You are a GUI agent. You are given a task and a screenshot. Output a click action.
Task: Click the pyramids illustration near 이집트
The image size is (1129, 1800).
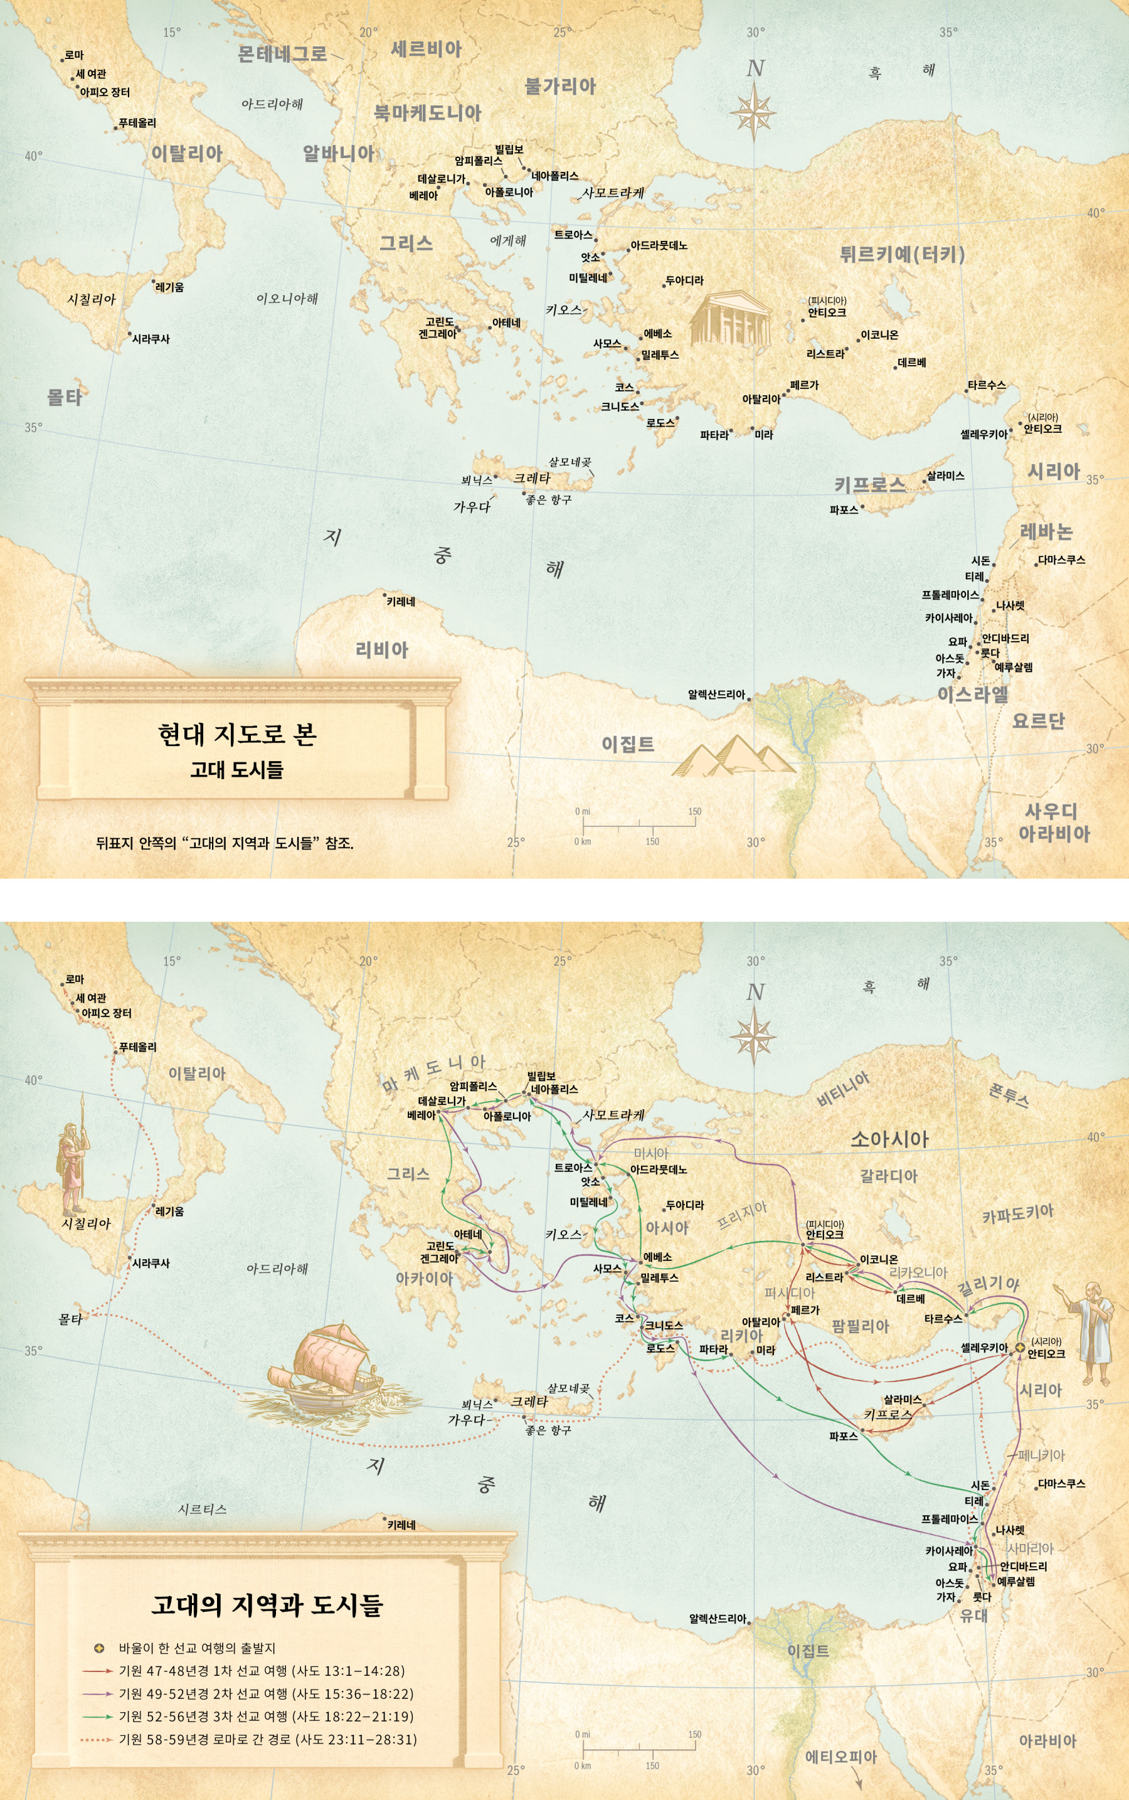pyautogui.click(x=732, y=756)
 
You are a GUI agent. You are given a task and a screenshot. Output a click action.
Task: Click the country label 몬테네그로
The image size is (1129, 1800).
pyautogui.click(x=282, y=54)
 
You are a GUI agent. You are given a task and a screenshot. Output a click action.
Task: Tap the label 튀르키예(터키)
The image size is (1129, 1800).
pyautogui.click(x=902, y=255)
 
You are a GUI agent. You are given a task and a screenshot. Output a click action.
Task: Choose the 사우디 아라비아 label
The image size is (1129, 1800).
pyautogui.click(x=1053, y=823)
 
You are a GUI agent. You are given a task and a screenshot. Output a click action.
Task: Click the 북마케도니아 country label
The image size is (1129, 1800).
pyautogui.click(x=427, y=113)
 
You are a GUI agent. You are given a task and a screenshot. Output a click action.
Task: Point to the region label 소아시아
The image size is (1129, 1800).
pyautogui.click(x=889, y=1139)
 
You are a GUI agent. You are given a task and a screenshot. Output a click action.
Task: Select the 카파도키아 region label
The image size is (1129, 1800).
pyautogui.click(x=1017, y=1213)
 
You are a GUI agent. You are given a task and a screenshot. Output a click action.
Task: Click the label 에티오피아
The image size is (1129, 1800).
pyautogui.click(x=840, y=1757)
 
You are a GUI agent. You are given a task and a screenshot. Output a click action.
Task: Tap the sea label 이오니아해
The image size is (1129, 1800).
pyautogui.click(x=287, y=299)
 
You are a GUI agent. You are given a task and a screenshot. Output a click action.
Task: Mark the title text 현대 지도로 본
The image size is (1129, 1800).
pyautogui.click(x=238, y=734)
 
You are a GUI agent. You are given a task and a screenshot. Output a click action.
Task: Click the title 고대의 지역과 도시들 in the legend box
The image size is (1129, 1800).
pyautogui.click(x=267, y=1604)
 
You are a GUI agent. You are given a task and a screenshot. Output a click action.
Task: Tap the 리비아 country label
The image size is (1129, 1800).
pyautogui.click(x=381, y=650)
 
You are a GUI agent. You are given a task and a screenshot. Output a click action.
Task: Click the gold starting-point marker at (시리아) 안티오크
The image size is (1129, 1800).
pyautogui.click(x=1019, y=1346)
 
